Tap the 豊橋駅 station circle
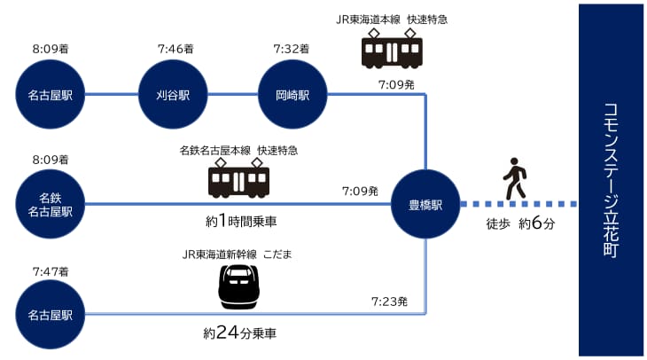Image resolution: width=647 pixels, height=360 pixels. (x=427, y=204)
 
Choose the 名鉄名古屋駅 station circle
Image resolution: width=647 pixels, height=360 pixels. (x=51, y=204)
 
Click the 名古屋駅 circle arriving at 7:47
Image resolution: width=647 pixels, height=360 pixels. (x=51, y=314)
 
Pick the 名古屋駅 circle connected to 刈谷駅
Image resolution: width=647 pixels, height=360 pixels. (x=51, y=94)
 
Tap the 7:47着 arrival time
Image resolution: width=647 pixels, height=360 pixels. (x=51, y=270)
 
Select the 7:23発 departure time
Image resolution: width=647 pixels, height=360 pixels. (x=389, y=301)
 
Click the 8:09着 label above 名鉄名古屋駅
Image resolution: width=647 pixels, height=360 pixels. (x=51, y=160)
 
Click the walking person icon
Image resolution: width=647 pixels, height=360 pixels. (x=514, y=179)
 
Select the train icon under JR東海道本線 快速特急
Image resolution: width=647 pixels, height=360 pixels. (x=391, y=50)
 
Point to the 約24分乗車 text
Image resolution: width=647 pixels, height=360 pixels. (x=239, y=334)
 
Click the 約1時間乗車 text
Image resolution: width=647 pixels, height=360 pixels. (x=239, y=219)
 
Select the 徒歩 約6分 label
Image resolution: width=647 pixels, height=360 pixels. (x=520, y=224)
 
